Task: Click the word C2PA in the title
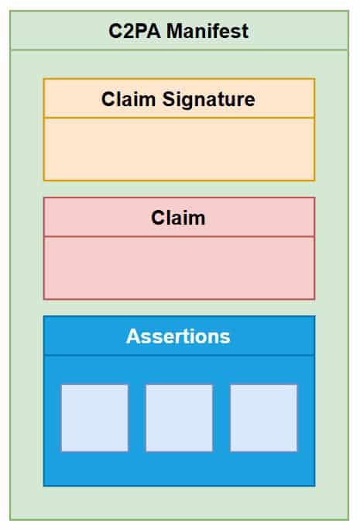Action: coord(135,31)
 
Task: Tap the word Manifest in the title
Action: coord(207,31)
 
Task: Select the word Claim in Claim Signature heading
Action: coord(129,99)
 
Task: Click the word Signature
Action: coord(209,100)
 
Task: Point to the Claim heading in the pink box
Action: coord(178,218)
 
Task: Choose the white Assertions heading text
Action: coord(178,336)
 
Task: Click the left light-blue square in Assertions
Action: coord(94,418)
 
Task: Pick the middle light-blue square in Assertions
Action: coord(179,418)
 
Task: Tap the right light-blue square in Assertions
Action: coord(263,418)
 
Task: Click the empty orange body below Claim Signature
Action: coord(179,149)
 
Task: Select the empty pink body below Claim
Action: coord(179,267)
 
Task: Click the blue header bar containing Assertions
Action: coord(179,336)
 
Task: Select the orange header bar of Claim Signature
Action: coord(179,98)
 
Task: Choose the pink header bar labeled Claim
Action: coord(179,217)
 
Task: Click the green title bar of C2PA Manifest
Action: coord(179,30)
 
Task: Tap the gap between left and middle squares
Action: coord(137,418)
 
